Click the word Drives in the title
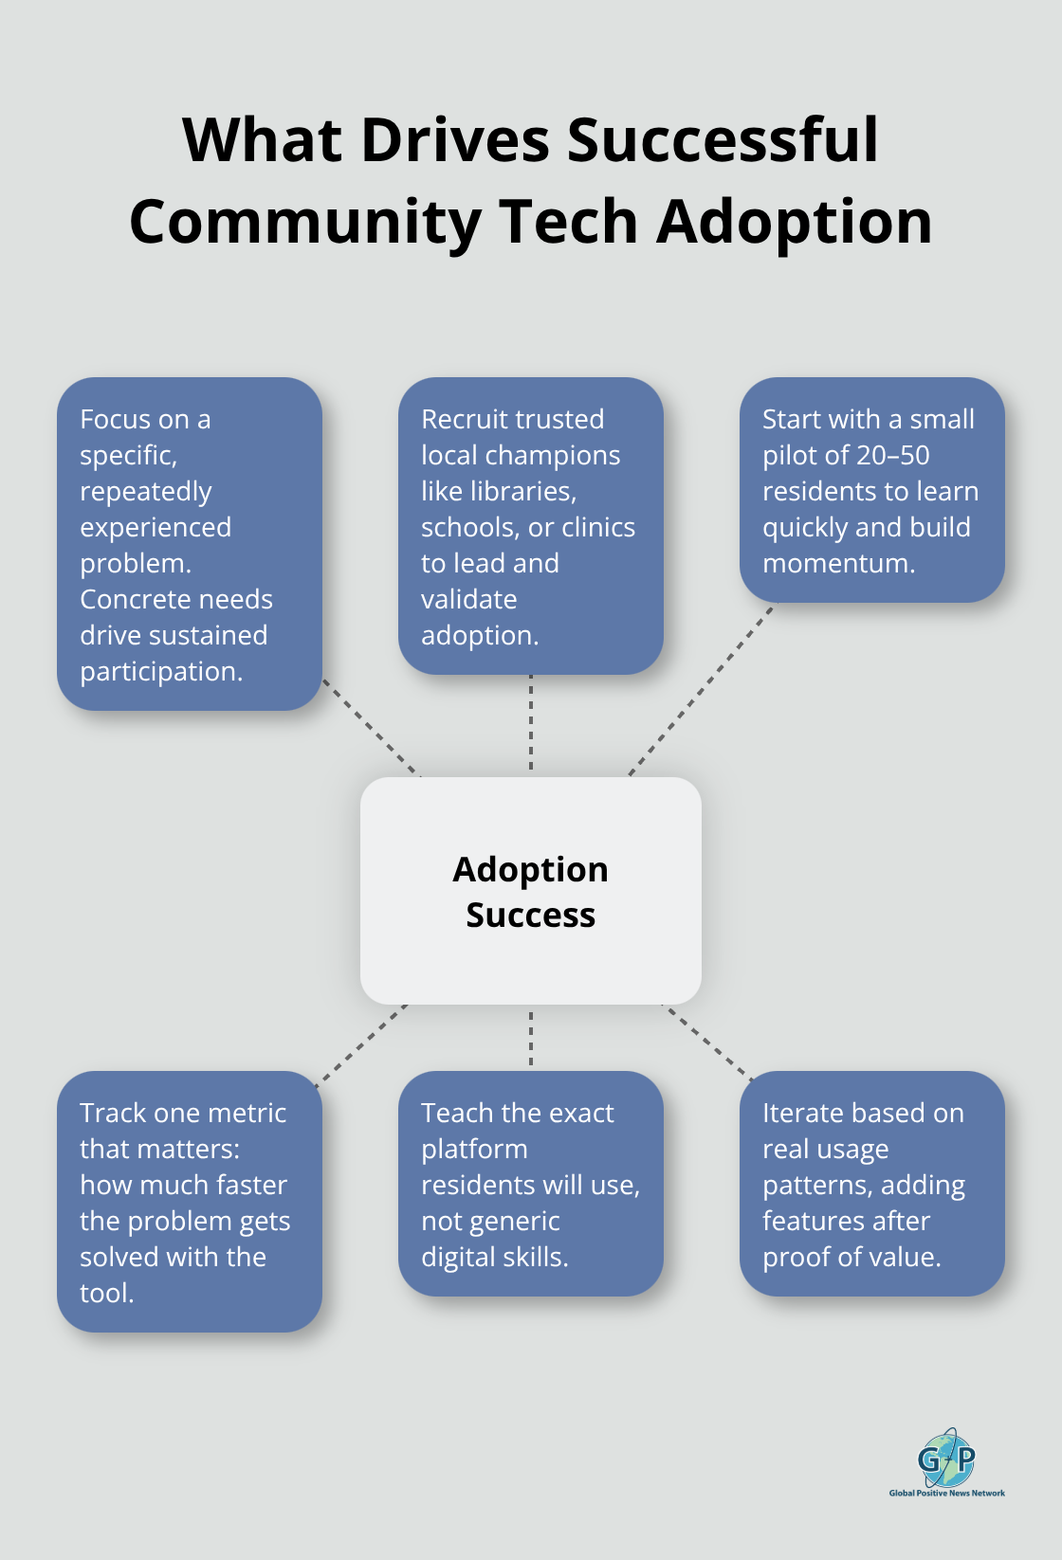[x=455, y=140]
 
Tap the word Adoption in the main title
[x=794, y=222]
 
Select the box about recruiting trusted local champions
[x=530, y=526]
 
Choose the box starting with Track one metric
[x=189, y=1201]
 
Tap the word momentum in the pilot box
[x=838, y=564]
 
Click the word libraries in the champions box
[x=524, y=492]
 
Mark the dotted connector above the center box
[x=530, y=725]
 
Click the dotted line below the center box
[x=530, y=1038]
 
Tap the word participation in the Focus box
[x=161, y=672]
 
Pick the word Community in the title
[x=305, y=222]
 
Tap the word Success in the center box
[x=530, y=916]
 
